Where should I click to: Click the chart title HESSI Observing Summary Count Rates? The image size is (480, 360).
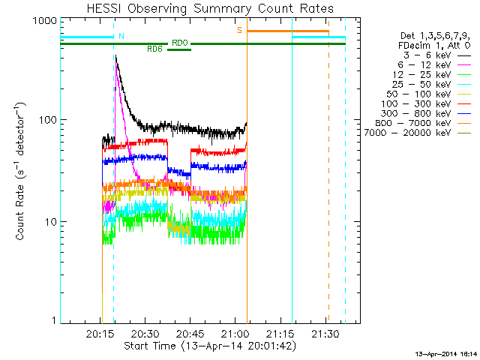(x=209, y=8)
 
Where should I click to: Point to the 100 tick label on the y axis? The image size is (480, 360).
(x=47, y=120)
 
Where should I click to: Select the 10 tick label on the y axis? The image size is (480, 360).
(x=50, y=222)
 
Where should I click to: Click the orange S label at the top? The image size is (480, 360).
(x=240, y=30)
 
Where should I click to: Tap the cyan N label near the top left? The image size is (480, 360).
(x=122, y=36)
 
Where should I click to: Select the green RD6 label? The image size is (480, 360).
(x=154, y=49)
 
